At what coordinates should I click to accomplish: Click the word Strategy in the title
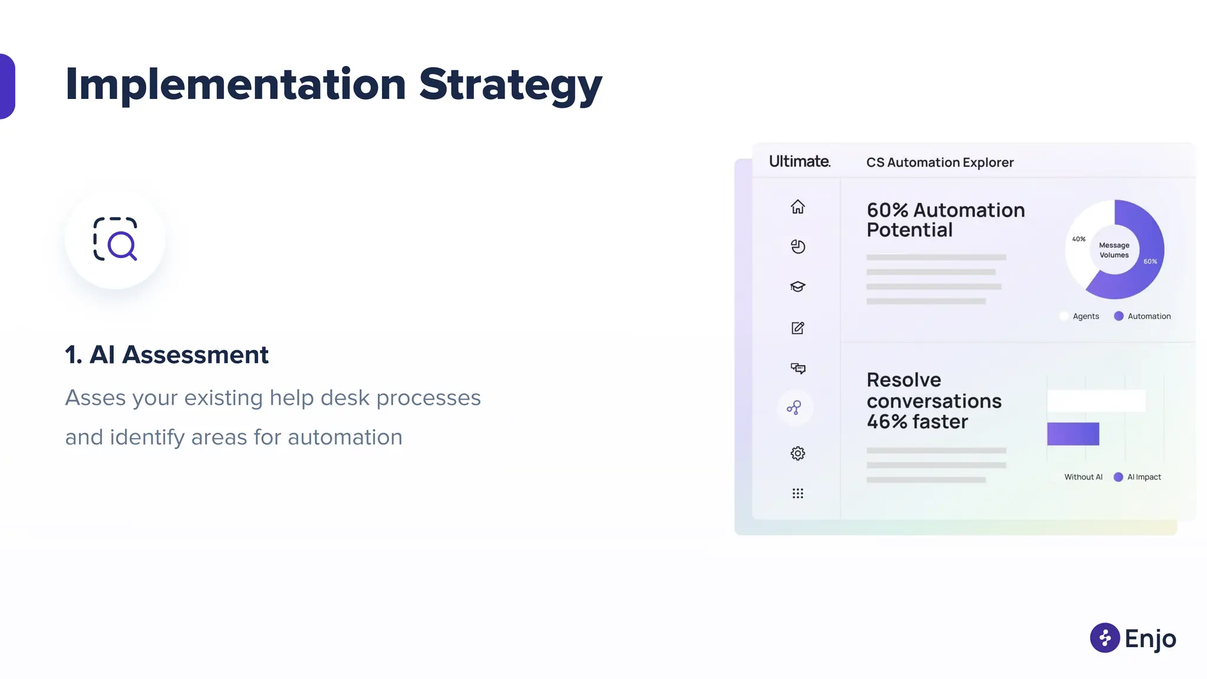point(510,85)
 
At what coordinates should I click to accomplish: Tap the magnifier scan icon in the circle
point(116,239)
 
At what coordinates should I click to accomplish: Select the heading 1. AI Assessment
point(167,355)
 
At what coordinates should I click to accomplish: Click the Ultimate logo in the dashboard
point(799,161)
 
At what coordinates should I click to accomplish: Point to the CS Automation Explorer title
point(939,163)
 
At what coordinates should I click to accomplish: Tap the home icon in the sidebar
point(797,207)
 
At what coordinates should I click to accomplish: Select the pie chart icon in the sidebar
point(797,246)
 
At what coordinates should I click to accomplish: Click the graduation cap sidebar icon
point(797,286)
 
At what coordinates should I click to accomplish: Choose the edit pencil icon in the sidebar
point(797,328)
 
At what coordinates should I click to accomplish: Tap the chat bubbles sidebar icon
point(797,368)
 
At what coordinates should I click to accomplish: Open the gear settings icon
point(797,453)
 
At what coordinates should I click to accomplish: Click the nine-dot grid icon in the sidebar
point(797,493)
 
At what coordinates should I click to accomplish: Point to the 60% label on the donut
point(1150,261)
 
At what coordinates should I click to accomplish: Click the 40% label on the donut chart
point(1079,239)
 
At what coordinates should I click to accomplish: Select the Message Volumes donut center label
point(1114,250)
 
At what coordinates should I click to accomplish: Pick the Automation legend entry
point(1149,317)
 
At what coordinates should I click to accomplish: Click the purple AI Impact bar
point(1073,434)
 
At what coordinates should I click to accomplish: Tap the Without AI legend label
point(1083,477)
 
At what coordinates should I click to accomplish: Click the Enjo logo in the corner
point(1133,638)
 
